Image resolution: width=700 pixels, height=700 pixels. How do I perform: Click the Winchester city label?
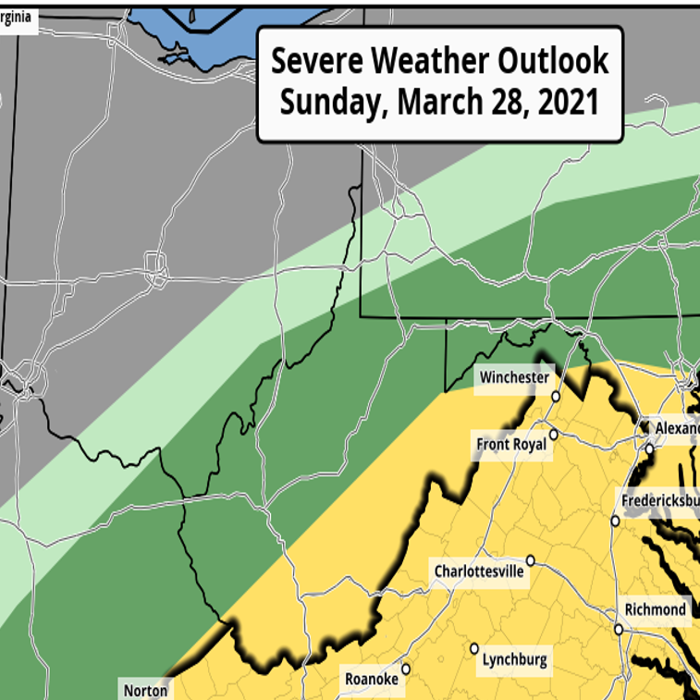(514, 377)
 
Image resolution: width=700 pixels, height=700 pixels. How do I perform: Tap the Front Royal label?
(511, 445)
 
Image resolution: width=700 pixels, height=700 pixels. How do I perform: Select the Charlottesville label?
(479, 571)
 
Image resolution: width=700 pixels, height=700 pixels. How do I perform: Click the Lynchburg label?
(514, 660)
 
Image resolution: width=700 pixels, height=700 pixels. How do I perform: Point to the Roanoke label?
(371, 680)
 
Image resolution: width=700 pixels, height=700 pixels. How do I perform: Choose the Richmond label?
(656, 609)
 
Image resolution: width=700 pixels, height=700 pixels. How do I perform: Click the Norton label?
(145, 690)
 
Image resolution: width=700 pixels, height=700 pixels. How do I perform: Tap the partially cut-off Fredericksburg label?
(660, 500)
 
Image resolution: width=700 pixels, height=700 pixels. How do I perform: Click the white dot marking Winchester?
(557, 397)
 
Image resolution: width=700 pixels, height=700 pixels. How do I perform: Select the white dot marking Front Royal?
(553, 434)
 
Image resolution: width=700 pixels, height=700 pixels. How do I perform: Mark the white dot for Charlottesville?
(531, 559)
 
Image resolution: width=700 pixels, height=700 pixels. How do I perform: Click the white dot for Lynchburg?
(473, 648)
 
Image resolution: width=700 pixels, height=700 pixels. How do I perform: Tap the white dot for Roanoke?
(405, 669)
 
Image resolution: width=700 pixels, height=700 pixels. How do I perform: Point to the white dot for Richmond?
(618, 629)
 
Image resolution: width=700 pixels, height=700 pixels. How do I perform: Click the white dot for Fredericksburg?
(615, 521)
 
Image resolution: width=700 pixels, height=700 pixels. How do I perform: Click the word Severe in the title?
(316, 61)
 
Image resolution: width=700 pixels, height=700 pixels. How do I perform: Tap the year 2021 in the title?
(564, 103)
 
